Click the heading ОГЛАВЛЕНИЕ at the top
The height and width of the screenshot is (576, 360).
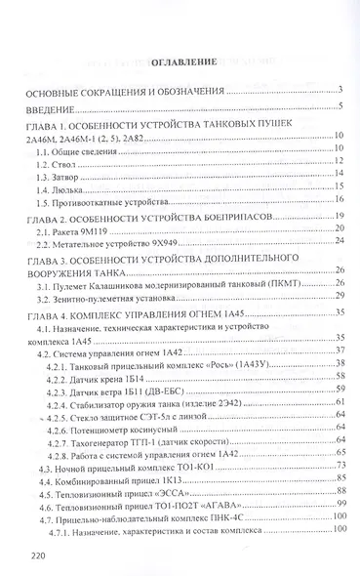179,62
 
